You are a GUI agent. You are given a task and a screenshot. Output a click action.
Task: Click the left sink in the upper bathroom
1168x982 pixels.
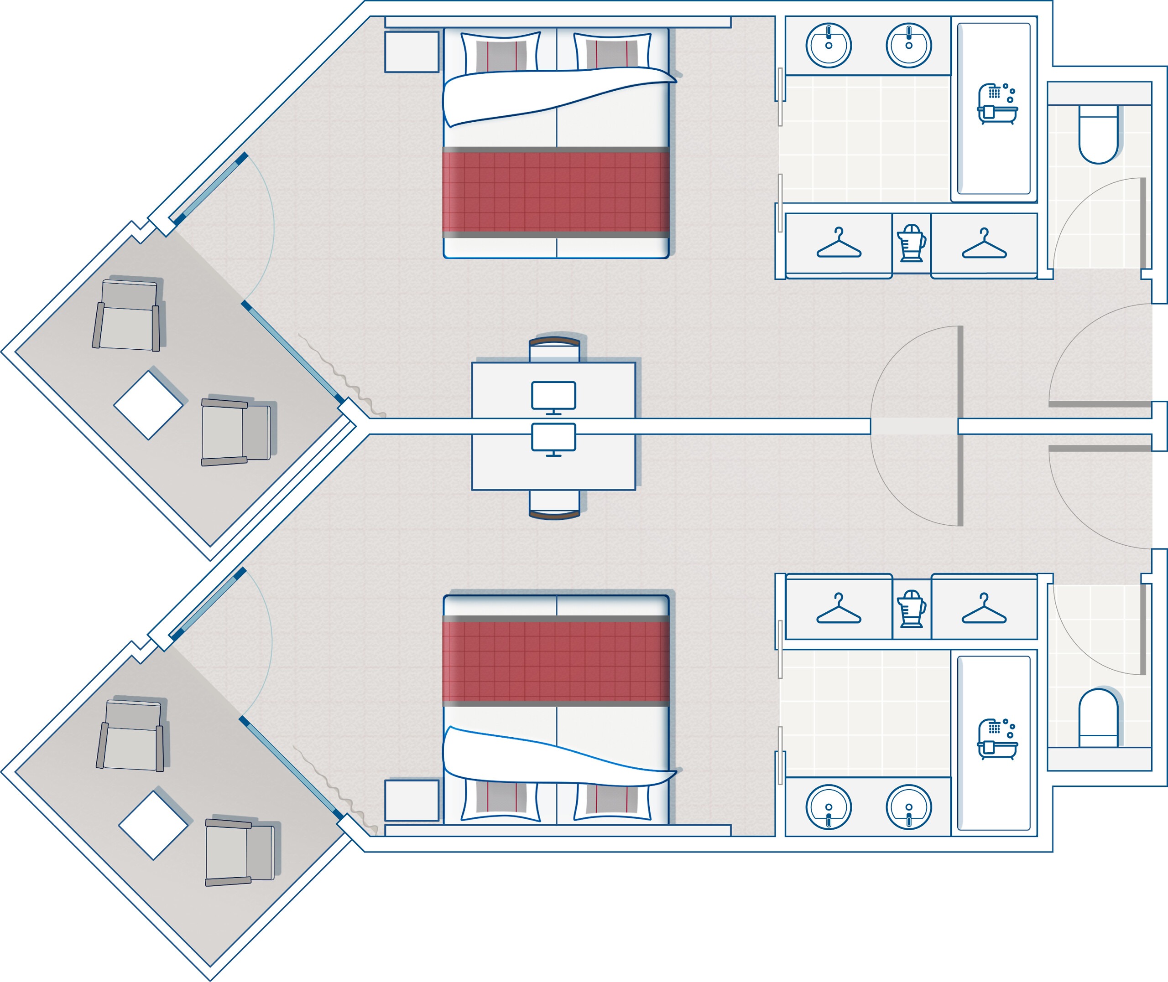pos(828,45)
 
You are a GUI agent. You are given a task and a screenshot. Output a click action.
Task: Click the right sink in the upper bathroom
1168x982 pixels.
pos(908,45)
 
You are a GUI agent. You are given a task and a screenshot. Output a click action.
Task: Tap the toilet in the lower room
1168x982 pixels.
pos(1098,718)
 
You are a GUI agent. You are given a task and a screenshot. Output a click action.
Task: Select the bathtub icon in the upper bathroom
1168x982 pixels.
pos(997,103)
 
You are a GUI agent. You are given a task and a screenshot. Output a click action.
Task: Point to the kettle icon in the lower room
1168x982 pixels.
pos(911,609)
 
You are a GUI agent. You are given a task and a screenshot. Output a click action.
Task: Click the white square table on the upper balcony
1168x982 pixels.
pos(148,405)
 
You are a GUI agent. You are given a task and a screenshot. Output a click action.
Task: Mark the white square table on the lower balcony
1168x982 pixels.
pos(154,826)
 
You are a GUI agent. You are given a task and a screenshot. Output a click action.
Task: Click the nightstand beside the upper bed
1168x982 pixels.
pos(412,52)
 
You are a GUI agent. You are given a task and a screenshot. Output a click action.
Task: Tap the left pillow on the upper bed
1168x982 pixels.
pos(501,53)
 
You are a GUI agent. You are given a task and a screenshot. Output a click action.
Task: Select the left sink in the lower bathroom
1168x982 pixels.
pos(828,806)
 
